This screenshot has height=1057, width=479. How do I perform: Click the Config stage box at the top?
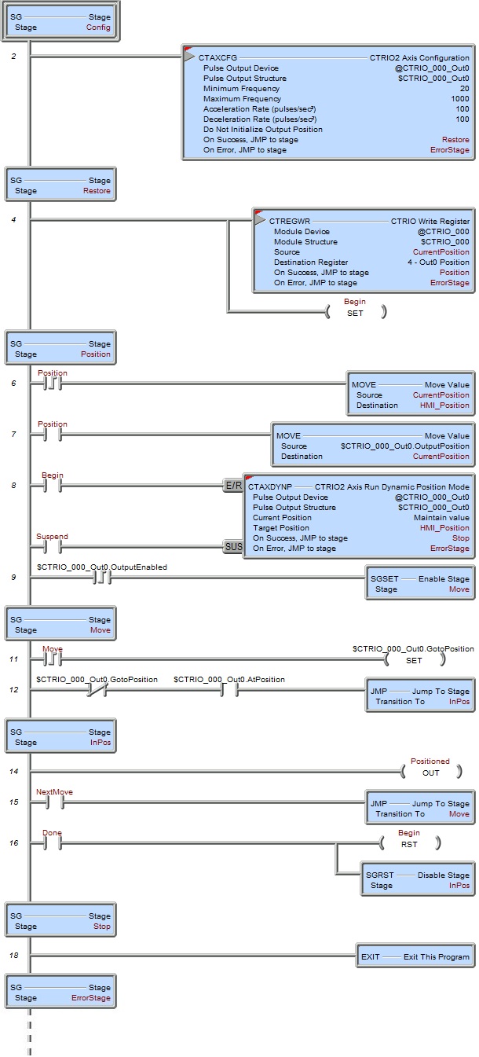60,21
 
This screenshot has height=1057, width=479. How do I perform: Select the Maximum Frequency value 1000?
459,99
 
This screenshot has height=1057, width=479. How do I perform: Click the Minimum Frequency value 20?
464,89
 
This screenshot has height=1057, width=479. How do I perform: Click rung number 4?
13,219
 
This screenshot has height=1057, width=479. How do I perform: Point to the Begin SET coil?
355,312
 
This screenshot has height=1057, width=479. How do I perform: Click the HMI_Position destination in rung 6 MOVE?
444,406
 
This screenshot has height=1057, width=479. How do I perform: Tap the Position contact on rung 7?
53,435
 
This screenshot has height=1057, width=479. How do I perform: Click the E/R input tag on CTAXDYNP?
233,486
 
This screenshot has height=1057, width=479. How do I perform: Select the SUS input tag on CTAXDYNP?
233,545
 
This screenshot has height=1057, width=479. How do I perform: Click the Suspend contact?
53,545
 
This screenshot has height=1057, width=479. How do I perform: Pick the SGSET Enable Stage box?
419,584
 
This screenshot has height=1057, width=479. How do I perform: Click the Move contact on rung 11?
53,659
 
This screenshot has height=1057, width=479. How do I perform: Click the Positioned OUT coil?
430,772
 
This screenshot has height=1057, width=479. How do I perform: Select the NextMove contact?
53,802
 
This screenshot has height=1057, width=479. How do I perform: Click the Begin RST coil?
409,843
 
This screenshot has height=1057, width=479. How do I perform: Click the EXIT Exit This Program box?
415,956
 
